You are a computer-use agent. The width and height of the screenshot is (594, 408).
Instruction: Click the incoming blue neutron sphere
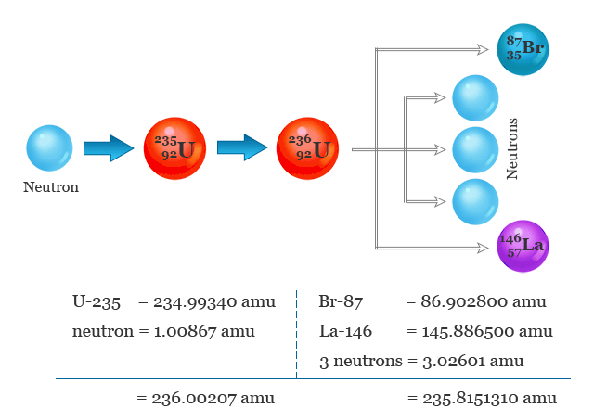pyautogui.click(x=49, y=148)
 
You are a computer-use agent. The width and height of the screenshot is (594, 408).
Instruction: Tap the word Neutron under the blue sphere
pyautogui.click(x=51, y=187)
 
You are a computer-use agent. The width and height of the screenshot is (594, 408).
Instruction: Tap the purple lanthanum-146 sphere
pyautogui.click(x=523, y=246)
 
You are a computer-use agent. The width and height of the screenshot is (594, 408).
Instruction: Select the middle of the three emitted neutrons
pyautogui.click(x=474, y=148)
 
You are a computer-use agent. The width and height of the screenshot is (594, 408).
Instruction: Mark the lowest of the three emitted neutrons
pyautogui.click(x=474, y=200)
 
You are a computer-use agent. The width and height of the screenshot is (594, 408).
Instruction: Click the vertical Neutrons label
pyautogui.click(x=511, y=148)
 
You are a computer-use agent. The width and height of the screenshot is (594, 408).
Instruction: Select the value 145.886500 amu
pyautogui.click(x=486, y=331)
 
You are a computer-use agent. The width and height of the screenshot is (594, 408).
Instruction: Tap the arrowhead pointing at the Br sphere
pyautogui.click(x=484, y=49)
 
